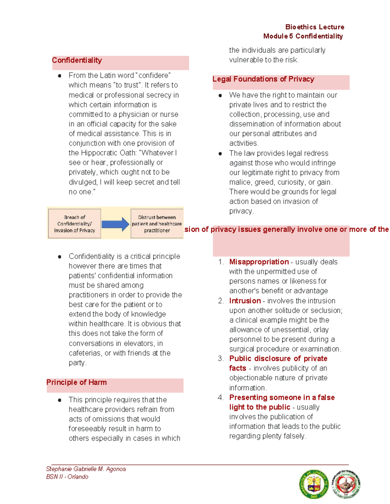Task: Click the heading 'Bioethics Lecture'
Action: (315, 27)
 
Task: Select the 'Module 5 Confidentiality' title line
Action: (303, 36)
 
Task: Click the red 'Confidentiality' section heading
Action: (77, 60)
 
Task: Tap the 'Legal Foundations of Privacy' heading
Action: (263, 79)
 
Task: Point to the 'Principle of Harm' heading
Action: (76, 382)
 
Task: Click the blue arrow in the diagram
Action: (115, 224)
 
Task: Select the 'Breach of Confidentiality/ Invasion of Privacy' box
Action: (74, 224)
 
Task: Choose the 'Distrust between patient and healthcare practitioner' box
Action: (157, 224)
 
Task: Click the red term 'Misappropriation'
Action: (259, 262)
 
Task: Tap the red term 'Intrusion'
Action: (245, 301)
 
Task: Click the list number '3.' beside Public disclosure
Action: (221, 359)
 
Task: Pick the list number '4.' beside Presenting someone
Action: (221, 398)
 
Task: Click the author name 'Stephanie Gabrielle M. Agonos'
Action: (86, 469)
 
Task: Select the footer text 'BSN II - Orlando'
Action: (67, 477)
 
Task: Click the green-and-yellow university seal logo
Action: (314, 484)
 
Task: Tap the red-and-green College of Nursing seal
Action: (346, 484)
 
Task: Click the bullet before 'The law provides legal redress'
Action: (220, 154)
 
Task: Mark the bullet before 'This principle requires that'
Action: (59, 400)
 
